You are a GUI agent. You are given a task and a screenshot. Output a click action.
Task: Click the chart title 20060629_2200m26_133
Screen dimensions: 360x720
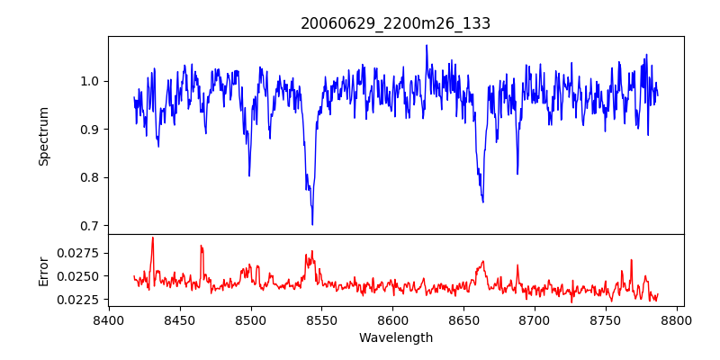pyautogui.click(x=395, y=23)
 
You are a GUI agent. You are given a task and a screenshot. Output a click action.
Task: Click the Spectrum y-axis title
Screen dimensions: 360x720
pyautogui.click(x=43, y=136)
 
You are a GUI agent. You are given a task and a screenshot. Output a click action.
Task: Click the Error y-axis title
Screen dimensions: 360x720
pyautogui.click(x=43, y=271)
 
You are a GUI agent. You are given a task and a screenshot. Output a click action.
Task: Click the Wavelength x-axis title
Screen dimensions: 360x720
pyautogui.click(x=395, y=338)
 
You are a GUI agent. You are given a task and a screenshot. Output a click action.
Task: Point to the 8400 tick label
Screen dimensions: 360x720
pyautogui.click(x=109, y=319)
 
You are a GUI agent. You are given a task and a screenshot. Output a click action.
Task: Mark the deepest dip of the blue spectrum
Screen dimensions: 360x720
pyautogui.click(x=312, y=224)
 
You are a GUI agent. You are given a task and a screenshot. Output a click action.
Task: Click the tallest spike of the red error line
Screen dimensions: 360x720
pyautogui.click(x=153, y=238)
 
